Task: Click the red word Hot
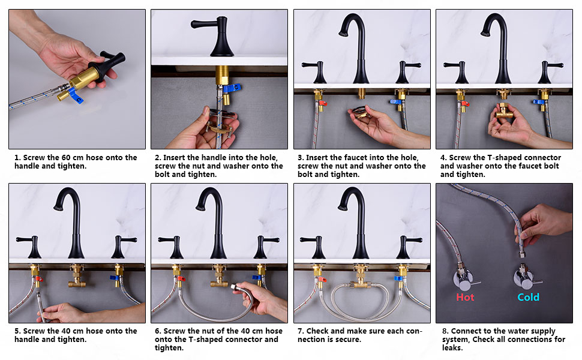click(465, 297)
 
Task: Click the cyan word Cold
click(528, 297)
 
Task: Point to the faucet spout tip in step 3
click(343, 34)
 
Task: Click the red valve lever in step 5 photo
click(39, 279)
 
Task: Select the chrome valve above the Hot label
click(464, 279)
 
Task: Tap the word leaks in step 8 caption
click(452, 348)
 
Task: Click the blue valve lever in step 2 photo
click(232, 88)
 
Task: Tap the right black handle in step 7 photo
click(407, 247)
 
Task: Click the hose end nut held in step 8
click(521, 253)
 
